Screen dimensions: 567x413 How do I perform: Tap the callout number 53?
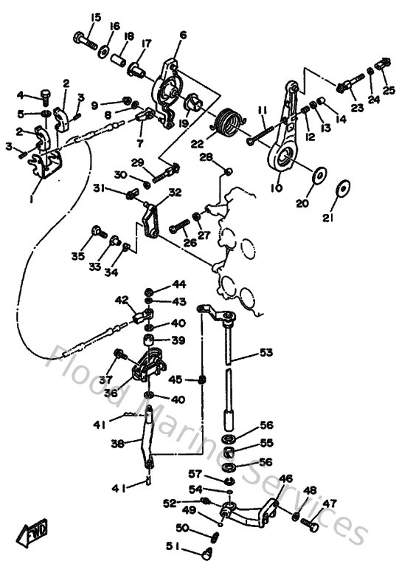(265, 354)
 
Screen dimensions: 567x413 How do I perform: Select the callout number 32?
(174, 193)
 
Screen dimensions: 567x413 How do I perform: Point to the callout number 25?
(388, 90)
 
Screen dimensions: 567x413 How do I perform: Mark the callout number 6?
(183, 34)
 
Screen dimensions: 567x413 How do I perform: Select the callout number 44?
(179, 284)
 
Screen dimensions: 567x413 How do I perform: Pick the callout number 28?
(208, 157)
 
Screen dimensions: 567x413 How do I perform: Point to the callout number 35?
(78, 256)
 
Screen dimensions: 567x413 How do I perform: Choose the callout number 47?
(329, 504)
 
